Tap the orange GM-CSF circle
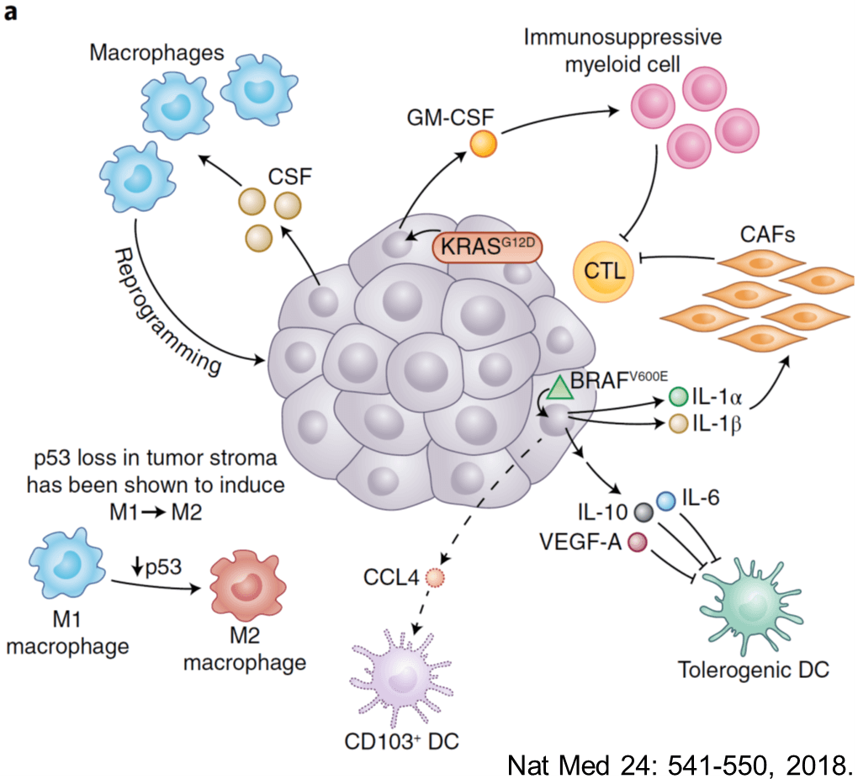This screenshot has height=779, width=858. pos(483,143)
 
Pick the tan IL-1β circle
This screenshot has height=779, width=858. pos(679,424)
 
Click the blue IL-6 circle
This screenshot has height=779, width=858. pos(666,501)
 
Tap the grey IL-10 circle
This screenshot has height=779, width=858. pos(644,512)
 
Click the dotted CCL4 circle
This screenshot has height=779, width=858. pos(434,577)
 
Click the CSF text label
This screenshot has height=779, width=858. pos(290,177)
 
